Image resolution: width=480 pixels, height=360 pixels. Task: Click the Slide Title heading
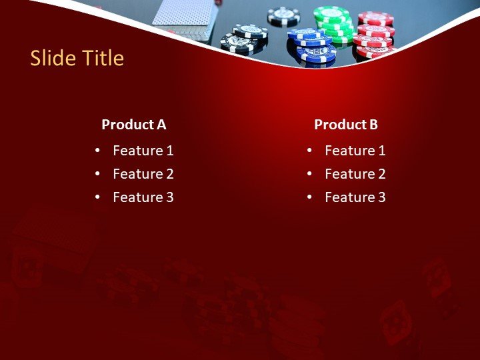click(x=77, y=59)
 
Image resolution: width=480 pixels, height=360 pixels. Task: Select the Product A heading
click(x=133, y=125)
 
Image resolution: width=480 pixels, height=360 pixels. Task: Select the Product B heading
click(x=345, y=125)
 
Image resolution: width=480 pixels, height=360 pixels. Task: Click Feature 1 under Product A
click(x=143, y=151)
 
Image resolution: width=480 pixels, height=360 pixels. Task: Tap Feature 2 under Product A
click(x=143, y=174)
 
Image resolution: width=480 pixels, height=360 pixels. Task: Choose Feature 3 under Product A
click(x=143, y=197)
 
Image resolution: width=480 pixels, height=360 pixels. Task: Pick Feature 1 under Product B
click(x=355, y=151)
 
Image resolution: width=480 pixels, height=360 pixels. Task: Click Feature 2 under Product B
click(x=355, y=174)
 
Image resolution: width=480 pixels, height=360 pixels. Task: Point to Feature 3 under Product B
click(x=355, y=197)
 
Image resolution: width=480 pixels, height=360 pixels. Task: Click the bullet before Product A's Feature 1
click(x=98, y=151)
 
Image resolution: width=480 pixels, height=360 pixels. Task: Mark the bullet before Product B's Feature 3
click(x=310, y=198)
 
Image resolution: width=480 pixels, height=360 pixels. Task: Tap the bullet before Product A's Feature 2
click(x=98, y=175)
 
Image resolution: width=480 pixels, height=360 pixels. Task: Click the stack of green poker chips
click(x=334, y=23)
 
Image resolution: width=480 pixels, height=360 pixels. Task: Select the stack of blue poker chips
click(x=311, y=44)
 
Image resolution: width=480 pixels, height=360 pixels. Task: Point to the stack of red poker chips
click(x=375, y=33)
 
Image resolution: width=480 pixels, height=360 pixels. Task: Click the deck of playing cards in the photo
click(x=183, y=13)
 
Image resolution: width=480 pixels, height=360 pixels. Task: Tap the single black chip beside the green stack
click(x=283, y=15)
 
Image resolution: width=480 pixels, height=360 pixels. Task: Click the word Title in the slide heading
click(x=101, y=59)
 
